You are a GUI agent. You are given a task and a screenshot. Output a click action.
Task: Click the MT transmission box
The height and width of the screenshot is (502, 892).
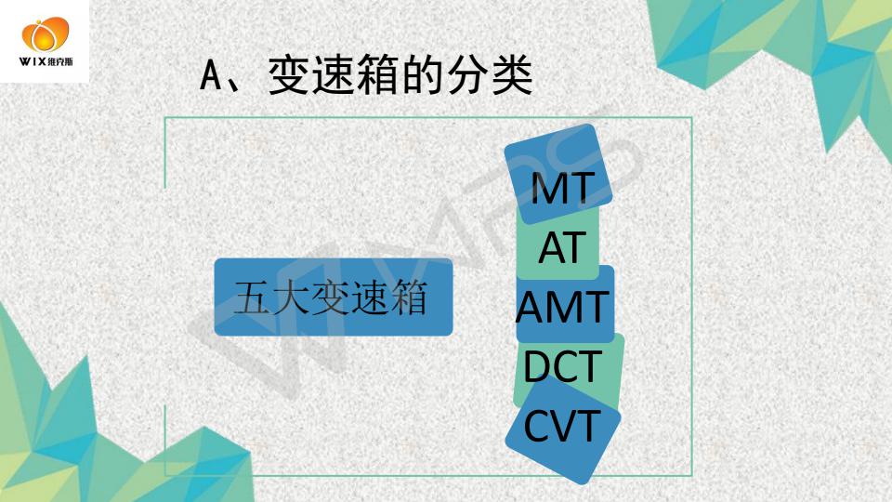pos(558,174)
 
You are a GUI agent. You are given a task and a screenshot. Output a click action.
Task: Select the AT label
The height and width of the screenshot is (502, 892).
pos(562,247)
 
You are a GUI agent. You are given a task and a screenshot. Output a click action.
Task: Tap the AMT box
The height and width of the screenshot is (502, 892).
pos(565,305)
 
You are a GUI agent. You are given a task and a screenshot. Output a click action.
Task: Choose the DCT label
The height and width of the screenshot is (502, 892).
pos(562,366)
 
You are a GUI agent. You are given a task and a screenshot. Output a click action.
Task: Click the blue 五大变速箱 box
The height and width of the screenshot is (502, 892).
pos(334,297)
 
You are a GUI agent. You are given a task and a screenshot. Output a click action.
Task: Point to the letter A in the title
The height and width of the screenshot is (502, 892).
pos(211,75)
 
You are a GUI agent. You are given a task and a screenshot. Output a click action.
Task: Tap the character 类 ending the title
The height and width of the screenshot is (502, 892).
pos(512,75)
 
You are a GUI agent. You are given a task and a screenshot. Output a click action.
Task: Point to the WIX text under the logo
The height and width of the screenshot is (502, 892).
pos(33,61)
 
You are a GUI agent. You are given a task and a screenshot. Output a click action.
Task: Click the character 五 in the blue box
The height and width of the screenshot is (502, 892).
pos(252,297)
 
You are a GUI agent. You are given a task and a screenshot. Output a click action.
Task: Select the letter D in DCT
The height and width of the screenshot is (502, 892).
pos(536,366)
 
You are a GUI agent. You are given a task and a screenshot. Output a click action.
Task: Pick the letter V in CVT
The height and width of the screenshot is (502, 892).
pos(563,426)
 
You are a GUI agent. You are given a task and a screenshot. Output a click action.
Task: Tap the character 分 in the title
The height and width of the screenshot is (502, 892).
pos(467,75)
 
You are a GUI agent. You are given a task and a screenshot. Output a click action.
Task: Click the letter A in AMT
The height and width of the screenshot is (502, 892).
pos(531,308)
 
